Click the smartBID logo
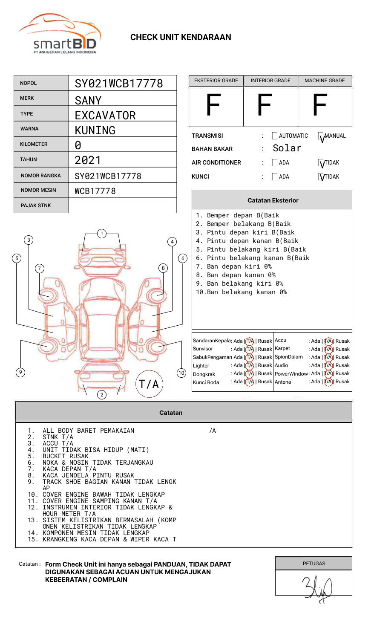pyautogui.click(x=60, y=34)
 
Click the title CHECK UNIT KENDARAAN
pyautogui.click(x=181, y=38)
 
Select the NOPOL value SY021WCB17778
pyautogui.click(x=119, y=84)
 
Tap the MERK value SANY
pyautogui.click(x=88, y=101)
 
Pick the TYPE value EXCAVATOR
pyautogui.click(x=105, y=116)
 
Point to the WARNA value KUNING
pyautogui.click(x=95, y=130)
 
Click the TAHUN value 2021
pyautogui.click(x=88, y=160)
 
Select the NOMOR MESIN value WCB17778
pyautogui.click(x=95, y=191)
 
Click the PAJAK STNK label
pyautogui.click(x=36, y=205)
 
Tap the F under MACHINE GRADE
pyautogui.click(x=319, y=106)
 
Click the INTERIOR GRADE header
pyautogui.click(x=270, y=81)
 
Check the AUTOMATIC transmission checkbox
pyautogui.click(x=275, y=136)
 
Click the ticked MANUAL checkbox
pyautogui.click(x=321, y=136)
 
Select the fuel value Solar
pyautogui.click(x=287, y=148)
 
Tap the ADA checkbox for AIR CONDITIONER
pyautogui.click(x=275, y=163)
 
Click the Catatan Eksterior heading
pyautogui.click(x=273, y=200)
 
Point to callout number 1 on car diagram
pyautogui.click(x=101, y=234)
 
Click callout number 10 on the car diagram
pyautogui.click(x=181, y=373)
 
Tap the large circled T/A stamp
pyautogui.click(x=149, y=384)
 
